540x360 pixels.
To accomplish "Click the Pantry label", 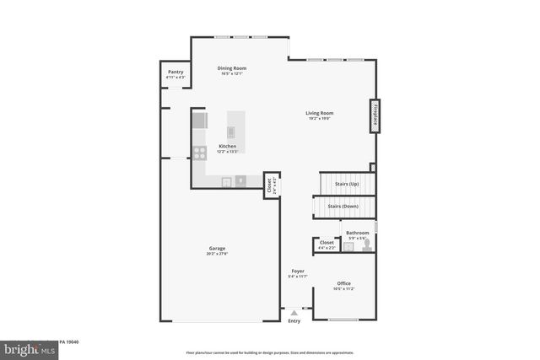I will click(175, 73).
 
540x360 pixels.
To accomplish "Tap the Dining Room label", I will click(231, 67).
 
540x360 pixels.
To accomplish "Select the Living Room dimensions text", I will click(319, 119).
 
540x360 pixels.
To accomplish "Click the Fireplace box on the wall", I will click(374, 116).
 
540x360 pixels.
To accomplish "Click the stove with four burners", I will click(200, 153).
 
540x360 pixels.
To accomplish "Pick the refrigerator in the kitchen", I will click(199, 120).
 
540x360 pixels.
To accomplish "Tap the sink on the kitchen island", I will click(231, 132).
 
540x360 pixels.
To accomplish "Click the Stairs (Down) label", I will click(343, 207).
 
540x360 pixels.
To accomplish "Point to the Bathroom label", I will click(357, 233).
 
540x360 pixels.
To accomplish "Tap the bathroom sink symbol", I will click(348, 247).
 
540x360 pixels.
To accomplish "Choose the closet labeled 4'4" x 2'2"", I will click(327, 245).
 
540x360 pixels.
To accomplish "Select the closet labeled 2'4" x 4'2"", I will click(269, 186).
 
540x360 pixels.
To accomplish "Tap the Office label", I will click(343, 283).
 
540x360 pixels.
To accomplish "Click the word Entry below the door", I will click(294, 321).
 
